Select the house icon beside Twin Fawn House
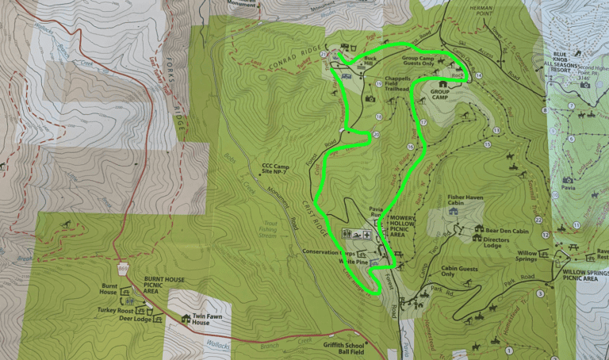(x=186, y=319)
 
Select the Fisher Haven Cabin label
(x=466, y=198)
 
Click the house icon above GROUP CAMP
(x=442, y=83)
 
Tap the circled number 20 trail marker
(x=375, y=136)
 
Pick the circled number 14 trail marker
(x=478, y=75)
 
